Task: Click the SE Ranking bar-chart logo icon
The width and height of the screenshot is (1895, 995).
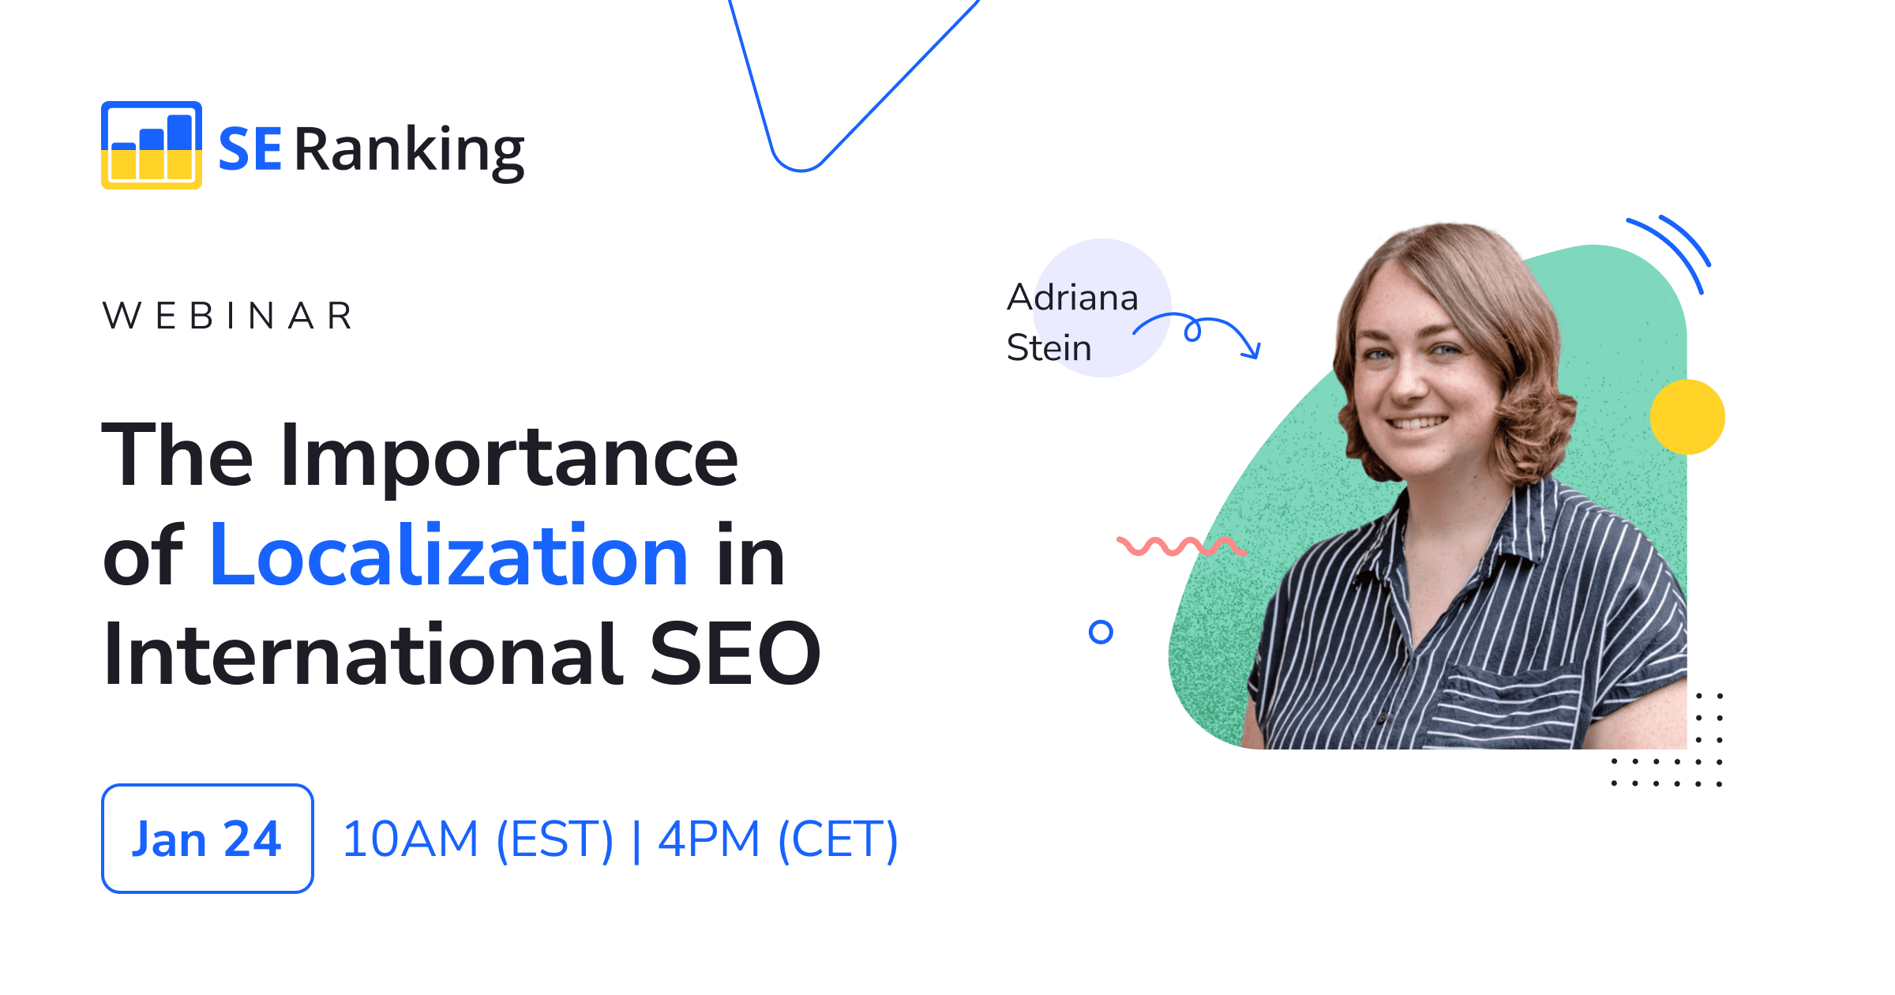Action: pyautogui.click(x=151, y=145)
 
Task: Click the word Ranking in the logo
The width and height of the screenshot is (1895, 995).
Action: pyautogui.click(x=409, y=150)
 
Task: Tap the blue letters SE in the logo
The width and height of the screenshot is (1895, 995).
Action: pyautogui.click(x=250, y=149)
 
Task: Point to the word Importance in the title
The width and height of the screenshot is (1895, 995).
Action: pyautogui.click(x=509, y=456)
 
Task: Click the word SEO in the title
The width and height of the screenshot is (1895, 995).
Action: pyautogui.click(x=735, y=653)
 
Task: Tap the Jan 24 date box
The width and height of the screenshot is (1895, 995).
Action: pyautogui.click(x=207, y=838)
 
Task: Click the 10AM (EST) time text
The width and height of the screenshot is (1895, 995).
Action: pyautogui.click(x=478, y=839)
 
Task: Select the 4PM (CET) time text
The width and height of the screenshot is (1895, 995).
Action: pyautogui.click(x=778, y=839)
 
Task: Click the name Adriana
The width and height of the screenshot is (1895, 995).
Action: pyautogui.click(x=1072, y=298)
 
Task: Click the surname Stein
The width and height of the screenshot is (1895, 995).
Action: pyautogui.click(x=1049, y=347)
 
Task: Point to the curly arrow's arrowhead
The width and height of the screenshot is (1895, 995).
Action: pyautogui.click(x=1252, y=350)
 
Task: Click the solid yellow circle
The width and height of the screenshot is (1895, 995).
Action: pyautogui.click(x=1687, y=417)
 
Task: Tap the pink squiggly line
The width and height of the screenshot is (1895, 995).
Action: pyautogui.click(x=1180, y=546)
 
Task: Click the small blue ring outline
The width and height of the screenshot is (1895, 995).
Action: pyautogui.click(x=1101, y=632)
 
